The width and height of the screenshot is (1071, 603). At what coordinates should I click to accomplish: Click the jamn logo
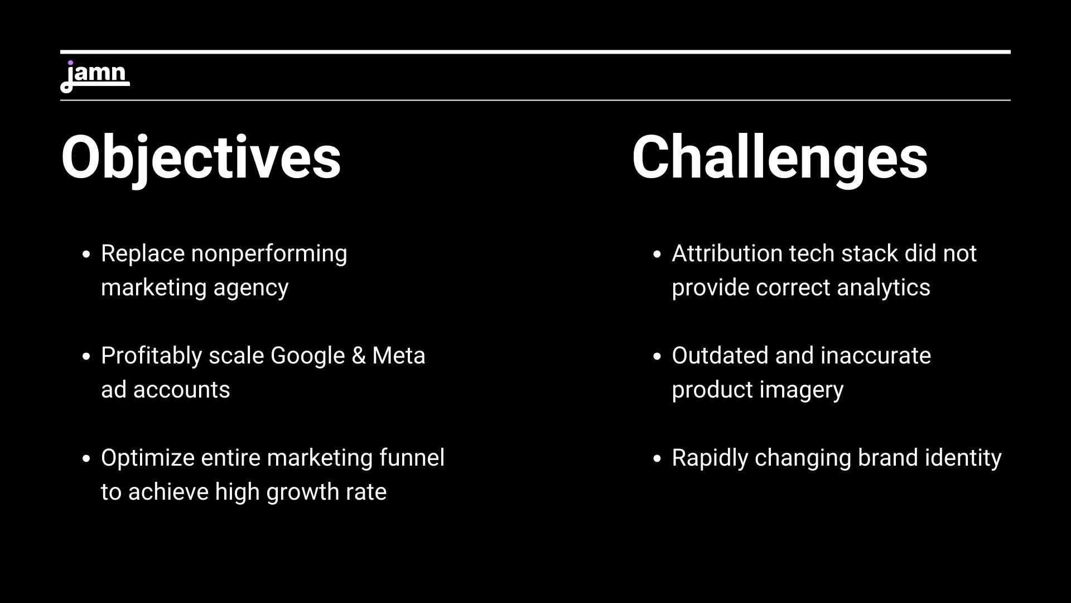(95, 76)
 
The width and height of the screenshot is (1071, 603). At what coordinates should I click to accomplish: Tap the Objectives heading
(201, 158)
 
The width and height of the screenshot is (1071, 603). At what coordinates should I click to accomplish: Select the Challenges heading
(779, 158)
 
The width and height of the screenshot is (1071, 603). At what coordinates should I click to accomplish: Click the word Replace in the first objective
(143, 254)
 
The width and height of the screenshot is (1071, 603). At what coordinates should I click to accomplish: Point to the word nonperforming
(269, 254)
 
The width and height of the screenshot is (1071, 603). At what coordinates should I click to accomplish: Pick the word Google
(307, 356)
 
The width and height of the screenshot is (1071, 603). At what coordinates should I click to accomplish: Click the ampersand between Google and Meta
(359, 356)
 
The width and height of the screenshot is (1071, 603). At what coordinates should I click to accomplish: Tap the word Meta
(399, 356)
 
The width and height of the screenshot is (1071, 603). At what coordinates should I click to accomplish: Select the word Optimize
(148, 458)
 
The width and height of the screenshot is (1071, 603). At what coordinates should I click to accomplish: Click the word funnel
(412, 458)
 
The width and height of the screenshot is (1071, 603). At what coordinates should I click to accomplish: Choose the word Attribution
(727, 253)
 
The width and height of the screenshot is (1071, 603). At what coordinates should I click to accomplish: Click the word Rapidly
(710, 458)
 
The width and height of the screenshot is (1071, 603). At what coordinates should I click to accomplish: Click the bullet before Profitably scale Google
(86, 356)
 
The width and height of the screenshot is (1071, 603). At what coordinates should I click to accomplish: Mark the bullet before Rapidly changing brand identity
(657, 458)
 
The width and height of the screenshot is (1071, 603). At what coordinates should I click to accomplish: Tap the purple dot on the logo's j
(70, 63)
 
